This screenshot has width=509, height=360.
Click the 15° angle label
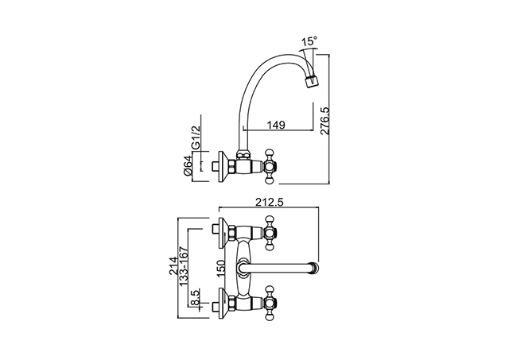309,41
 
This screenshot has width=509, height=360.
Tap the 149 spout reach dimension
276,125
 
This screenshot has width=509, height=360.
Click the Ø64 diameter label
188,165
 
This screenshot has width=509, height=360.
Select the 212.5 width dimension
270,202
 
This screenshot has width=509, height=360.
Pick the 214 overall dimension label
173,266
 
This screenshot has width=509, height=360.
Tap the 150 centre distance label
221,268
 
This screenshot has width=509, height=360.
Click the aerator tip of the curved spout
312,79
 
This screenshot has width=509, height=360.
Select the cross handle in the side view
270,166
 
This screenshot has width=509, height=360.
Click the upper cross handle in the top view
270,233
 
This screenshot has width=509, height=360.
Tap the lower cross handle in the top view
270,304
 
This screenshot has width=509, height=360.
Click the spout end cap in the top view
315,269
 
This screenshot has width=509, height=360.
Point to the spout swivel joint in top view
243,269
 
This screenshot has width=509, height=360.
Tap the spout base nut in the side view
243,155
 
